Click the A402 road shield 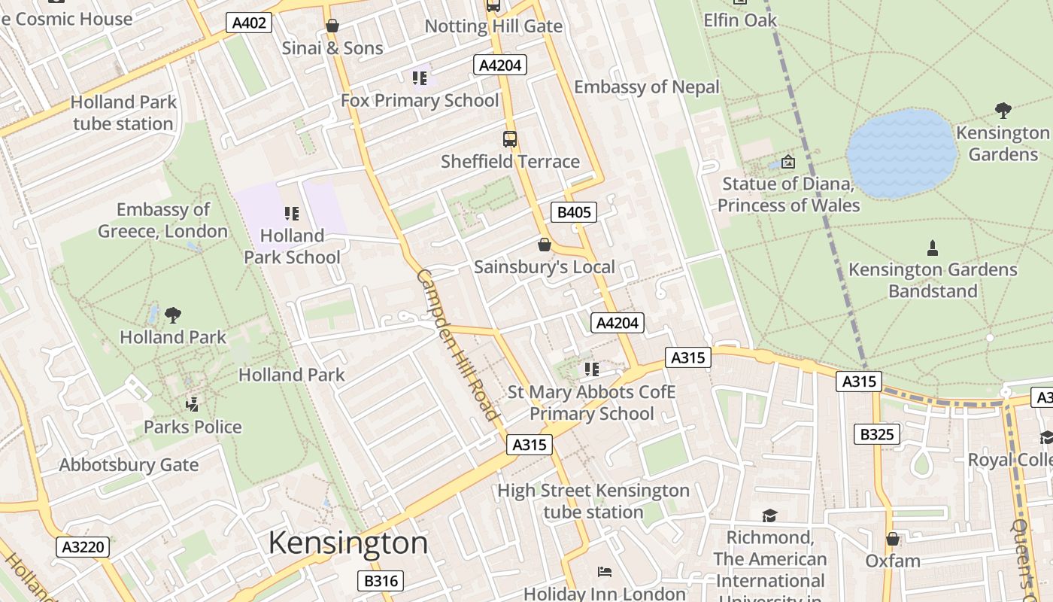(x=249, y=23)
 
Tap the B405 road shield (x=573, y=212)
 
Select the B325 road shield (x=876, y=434)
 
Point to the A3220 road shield (x=83, y=547)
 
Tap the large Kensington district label (x=347, y=543)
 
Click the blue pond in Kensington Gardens (x=901, y=154)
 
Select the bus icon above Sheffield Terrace (x=510, y=139)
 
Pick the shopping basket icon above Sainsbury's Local (x=545, y=245)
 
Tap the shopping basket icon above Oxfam (x=893, y=539)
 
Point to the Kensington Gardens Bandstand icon (x=933, y=248)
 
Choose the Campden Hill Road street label (x=457, y=344)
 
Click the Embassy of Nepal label (x=647, y=87)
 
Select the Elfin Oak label (x=740, y=20)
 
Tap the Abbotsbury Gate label (x=129, y=465)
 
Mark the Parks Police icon (x=193, y=404)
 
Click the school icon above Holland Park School (x=292, y=214)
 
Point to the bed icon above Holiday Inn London (x=604, y=572)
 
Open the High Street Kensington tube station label (x=593, y=501)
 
